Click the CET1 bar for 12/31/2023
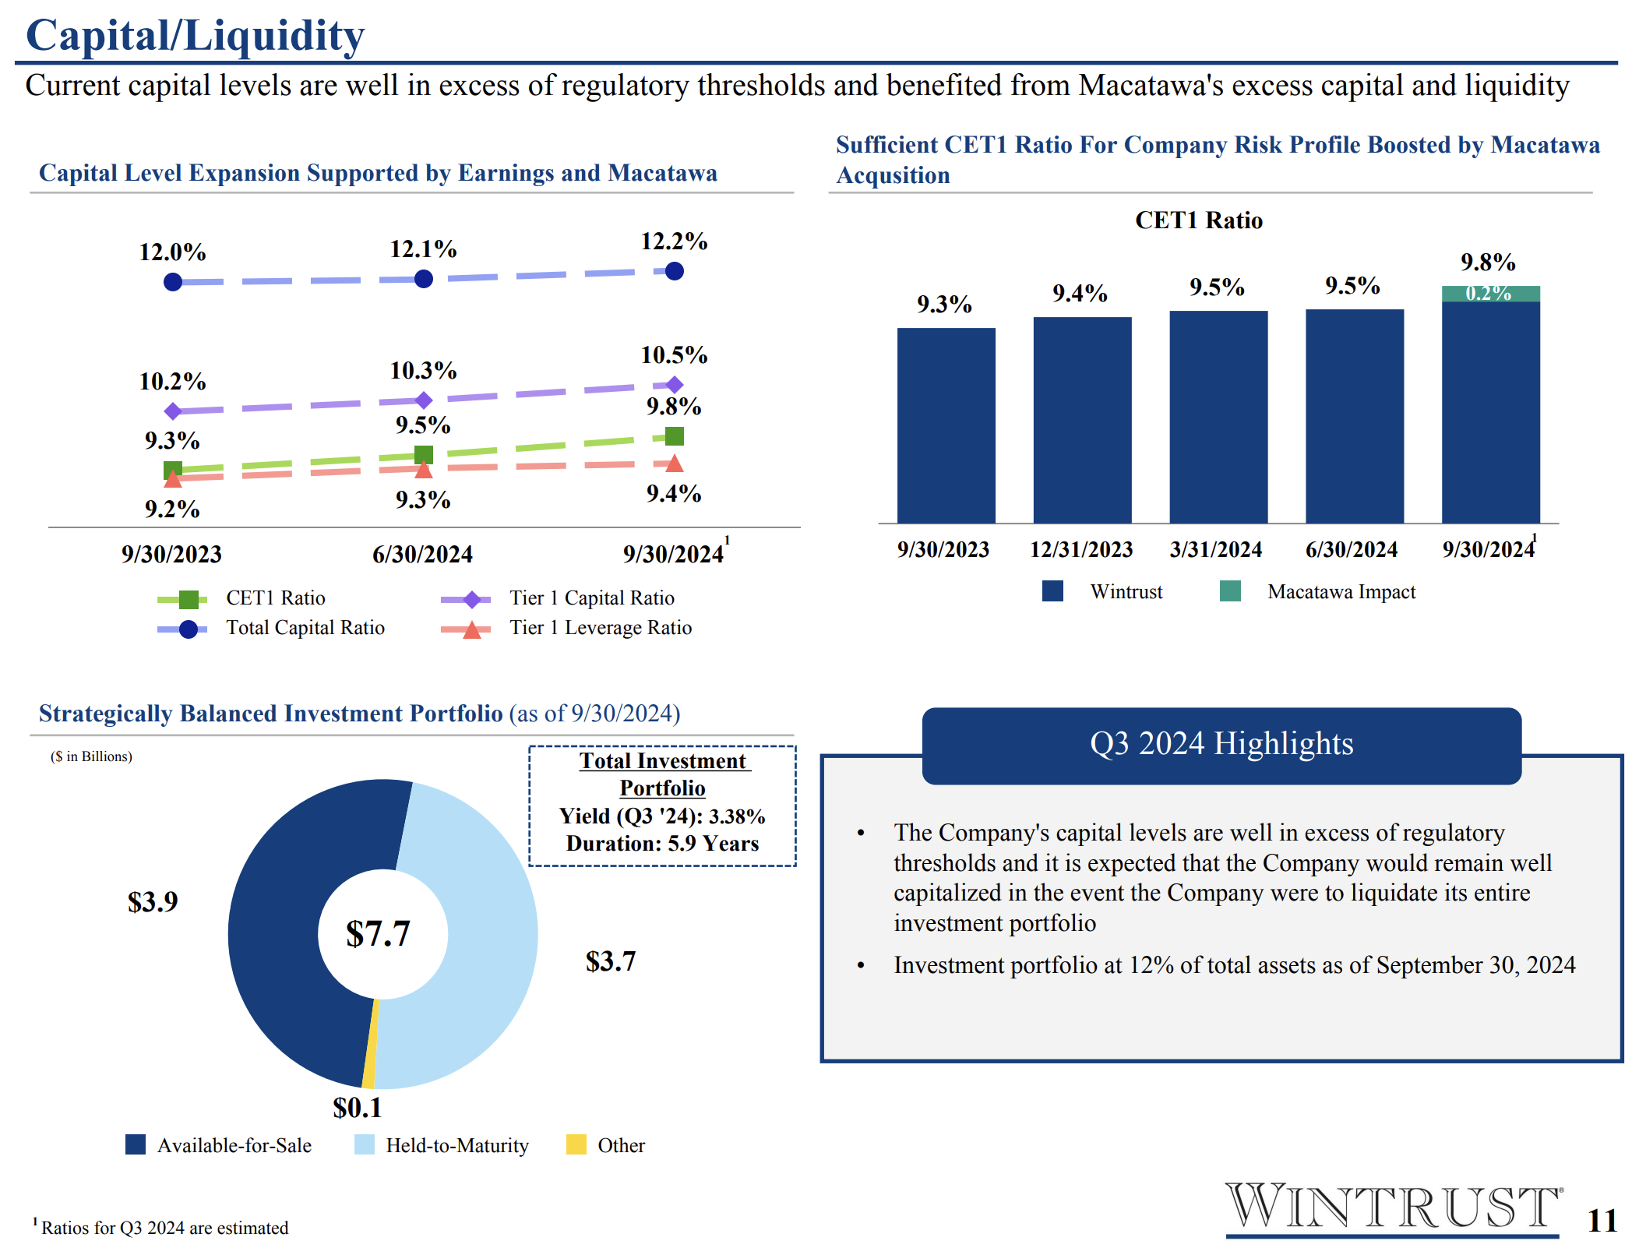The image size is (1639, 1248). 1082,420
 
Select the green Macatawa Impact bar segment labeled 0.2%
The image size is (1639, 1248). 1490,294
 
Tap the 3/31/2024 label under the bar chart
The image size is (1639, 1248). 1216,549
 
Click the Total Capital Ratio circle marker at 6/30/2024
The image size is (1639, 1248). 424,279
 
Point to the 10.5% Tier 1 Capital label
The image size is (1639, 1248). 674,355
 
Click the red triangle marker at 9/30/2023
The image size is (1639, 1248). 173,478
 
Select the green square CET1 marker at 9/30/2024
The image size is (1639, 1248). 675,436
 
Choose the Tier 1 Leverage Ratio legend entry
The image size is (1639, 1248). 566,628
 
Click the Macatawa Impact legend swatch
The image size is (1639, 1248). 1230,591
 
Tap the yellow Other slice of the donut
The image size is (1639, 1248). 370,1044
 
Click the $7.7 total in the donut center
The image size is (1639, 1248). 378,933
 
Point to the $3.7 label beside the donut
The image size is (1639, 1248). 611,961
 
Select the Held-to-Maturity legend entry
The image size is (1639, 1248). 442,1145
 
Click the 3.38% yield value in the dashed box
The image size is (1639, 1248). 737,816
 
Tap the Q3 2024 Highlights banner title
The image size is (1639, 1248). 1221,743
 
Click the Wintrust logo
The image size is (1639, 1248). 1393,1208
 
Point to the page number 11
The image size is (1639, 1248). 1602,1221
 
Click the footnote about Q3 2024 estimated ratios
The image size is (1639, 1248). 160,1227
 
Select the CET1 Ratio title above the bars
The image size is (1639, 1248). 1199,220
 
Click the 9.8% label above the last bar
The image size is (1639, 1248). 1488,263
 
